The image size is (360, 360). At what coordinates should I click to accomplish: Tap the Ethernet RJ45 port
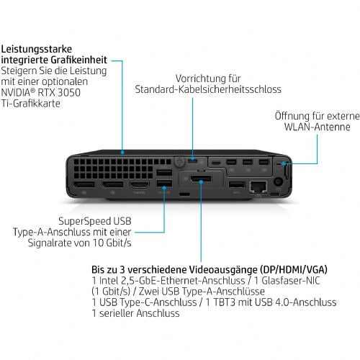256,187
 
